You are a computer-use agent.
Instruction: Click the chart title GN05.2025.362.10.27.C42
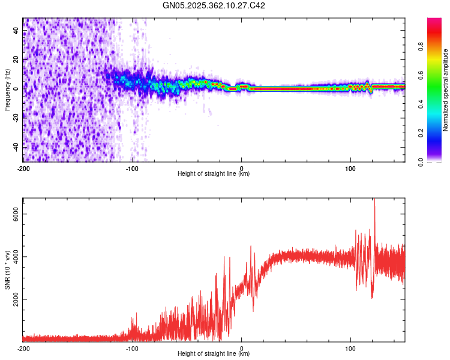coord(214,5)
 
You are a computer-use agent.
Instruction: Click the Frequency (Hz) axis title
coord(7,90)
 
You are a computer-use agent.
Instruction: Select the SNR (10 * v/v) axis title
coord(7,269)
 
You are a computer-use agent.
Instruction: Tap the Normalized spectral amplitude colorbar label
coord(445,90)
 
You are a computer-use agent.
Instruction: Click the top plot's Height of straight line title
coord(214,173)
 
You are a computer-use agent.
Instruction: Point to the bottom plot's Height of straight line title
coord(214,353)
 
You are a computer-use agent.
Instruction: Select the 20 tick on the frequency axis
coord(17,59)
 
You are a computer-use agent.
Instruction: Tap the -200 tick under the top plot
coord(23,169)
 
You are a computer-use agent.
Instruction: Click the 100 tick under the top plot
coord(350,169)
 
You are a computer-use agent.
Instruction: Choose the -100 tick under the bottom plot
coord(133,349)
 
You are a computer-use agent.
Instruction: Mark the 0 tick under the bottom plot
coord(242,349)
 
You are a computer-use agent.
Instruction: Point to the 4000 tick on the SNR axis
coord(17,256)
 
